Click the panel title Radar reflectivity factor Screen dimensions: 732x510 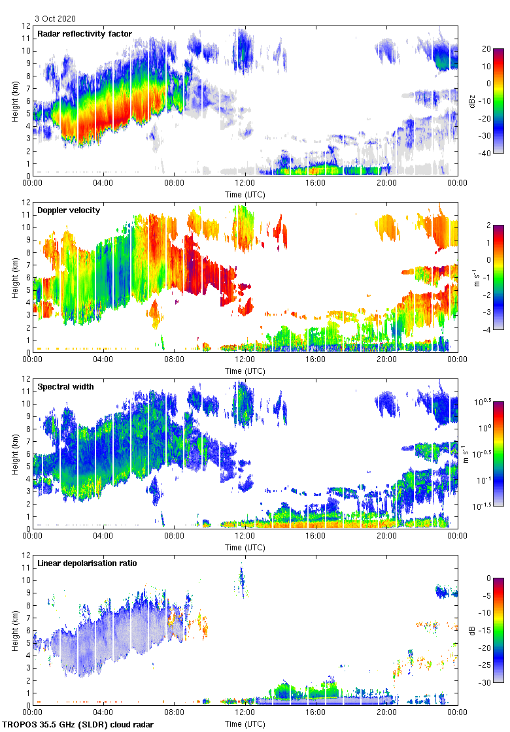coord(84,34)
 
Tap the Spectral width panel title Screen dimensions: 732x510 coord(65,387)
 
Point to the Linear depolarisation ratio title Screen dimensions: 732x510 coord(87,563)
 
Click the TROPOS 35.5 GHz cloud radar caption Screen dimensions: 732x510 coord(79,725)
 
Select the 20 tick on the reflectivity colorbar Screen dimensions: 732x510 coord(486,49)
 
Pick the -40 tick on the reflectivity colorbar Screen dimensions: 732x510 coord(486,154)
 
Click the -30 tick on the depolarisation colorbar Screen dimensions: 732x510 coord(486,683)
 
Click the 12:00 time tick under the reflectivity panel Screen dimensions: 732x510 coord(245,184)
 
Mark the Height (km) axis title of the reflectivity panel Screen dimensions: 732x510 coord(15,101)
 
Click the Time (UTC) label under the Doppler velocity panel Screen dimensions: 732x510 coord(245,371)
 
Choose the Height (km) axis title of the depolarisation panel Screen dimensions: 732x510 coord(15,630)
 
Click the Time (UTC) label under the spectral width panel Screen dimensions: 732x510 coord(245,548)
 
